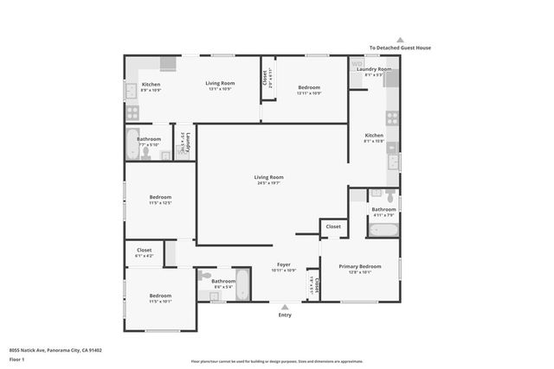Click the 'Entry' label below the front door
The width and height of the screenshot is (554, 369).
pos(285,315)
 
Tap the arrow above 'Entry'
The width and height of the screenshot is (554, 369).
pos(285,306)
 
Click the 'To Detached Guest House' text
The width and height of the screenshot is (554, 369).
pos(399,48)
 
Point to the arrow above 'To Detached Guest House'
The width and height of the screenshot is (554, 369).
pos(399,39)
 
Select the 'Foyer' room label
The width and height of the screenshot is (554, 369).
pos(283,264)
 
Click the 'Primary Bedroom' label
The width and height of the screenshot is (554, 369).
pos(359,266)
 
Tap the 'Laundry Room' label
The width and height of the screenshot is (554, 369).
pos(374,69)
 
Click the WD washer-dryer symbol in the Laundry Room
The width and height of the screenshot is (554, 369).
pos(357,64)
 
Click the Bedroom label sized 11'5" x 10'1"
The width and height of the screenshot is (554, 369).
pos(160,298)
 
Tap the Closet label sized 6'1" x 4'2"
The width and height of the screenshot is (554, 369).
pos(144,252)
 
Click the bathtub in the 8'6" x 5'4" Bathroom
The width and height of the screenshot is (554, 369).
pos(242,283)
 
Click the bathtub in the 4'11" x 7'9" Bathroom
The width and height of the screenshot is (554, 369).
pos(383,230)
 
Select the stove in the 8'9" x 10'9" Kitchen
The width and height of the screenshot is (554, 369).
pos(133,111)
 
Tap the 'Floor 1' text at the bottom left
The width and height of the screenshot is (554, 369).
pos(17,359)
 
